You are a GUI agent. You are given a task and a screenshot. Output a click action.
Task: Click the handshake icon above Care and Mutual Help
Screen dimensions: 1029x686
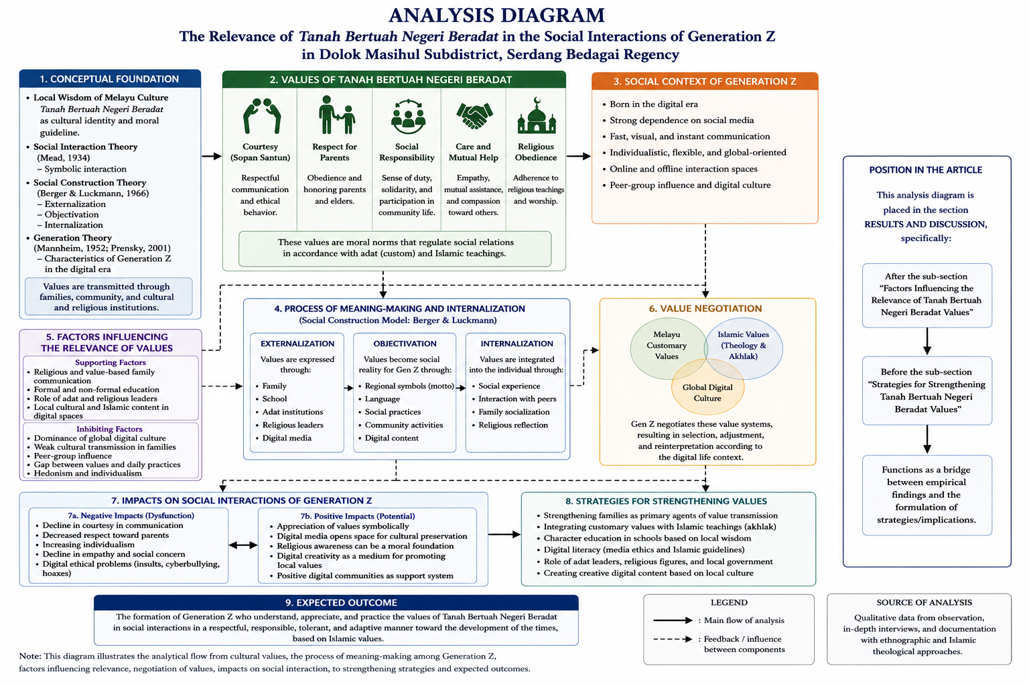point(474,116)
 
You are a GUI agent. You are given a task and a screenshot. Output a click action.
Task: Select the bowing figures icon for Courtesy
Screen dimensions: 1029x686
point(261,115)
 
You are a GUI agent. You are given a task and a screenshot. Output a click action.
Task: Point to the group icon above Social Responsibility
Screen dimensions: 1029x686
point(408,117)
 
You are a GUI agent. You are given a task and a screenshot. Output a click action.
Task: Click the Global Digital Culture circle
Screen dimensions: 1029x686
point(707,387)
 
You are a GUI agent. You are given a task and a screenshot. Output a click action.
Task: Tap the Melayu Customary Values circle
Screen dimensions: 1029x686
point(667,349)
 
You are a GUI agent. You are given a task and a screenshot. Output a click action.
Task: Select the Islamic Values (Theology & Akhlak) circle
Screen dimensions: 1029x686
point(743,349)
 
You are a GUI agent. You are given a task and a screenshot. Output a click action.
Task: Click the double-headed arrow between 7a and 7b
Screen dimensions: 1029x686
point(243,545)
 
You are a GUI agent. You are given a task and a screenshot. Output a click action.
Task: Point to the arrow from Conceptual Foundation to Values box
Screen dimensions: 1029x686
point(212,156)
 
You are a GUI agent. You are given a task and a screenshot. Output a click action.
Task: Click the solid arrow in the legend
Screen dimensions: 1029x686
point(673,620)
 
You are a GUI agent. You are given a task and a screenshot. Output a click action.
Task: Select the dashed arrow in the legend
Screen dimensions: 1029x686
point(673,639)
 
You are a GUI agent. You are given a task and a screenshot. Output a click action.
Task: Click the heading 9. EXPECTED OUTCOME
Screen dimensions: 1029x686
point(341,602)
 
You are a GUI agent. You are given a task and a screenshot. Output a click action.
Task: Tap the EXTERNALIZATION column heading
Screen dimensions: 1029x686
point(297,344)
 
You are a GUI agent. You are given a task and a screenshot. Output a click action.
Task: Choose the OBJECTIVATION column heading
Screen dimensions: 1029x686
point(405,344)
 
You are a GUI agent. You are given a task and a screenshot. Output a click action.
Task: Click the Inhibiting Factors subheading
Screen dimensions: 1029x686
point(109,429)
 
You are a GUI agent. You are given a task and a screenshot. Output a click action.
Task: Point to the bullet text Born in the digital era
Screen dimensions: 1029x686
point(653,105)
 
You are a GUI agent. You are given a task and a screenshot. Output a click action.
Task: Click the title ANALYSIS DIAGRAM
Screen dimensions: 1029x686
point(496,15)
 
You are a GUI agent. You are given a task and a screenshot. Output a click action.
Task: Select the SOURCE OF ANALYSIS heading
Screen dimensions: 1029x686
point(924,602)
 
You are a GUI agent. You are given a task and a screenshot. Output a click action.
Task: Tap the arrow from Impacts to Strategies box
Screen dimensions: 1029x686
point(504,535)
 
